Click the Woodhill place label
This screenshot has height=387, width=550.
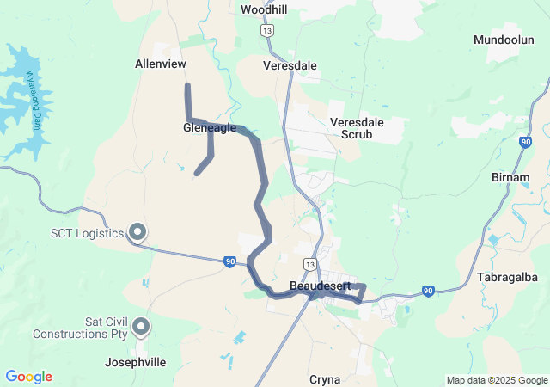coord(265,9)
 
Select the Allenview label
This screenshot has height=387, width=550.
coord(161,64)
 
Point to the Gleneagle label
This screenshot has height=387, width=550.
coord(210,127)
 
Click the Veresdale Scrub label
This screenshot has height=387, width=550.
coord(357,128)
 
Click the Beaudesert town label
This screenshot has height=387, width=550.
coord(319,285)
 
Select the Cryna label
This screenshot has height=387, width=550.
coord(325,379)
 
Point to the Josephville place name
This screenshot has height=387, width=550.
coord(136,363)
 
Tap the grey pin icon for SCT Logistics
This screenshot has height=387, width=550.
coord(137,231)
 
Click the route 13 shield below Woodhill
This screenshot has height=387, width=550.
coord(269,30)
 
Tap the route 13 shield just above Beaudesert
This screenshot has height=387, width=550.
coord(310,262)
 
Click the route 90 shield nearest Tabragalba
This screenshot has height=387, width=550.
coord(428,292)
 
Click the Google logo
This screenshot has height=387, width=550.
coord(28,377)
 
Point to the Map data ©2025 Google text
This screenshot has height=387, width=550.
coord(496,380)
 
